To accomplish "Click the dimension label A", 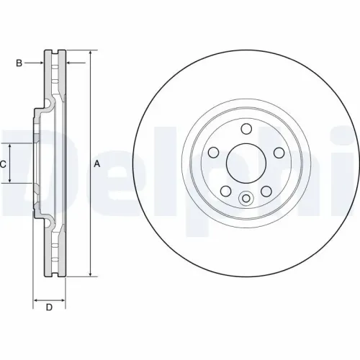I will [97, 163].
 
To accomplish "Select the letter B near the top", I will [19, 63].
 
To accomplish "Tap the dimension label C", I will [4, 164].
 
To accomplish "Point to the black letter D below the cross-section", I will [49, 308].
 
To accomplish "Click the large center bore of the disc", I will [246, 163].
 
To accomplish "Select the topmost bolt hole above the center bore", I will [246, 129].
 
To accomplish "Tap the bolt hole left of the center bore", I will [213, 153].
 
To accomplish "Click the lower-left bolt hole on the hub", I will [225, 191].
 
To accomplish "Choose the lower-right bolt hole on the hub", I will [266, 191].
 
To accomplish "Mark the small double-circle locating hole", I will [246, 199].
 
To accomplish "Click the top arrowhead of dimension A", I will [91, 54].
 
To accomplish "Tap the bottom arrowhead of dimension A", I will [91, 273].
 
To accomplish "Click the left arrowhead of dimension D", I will [37, 297].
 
